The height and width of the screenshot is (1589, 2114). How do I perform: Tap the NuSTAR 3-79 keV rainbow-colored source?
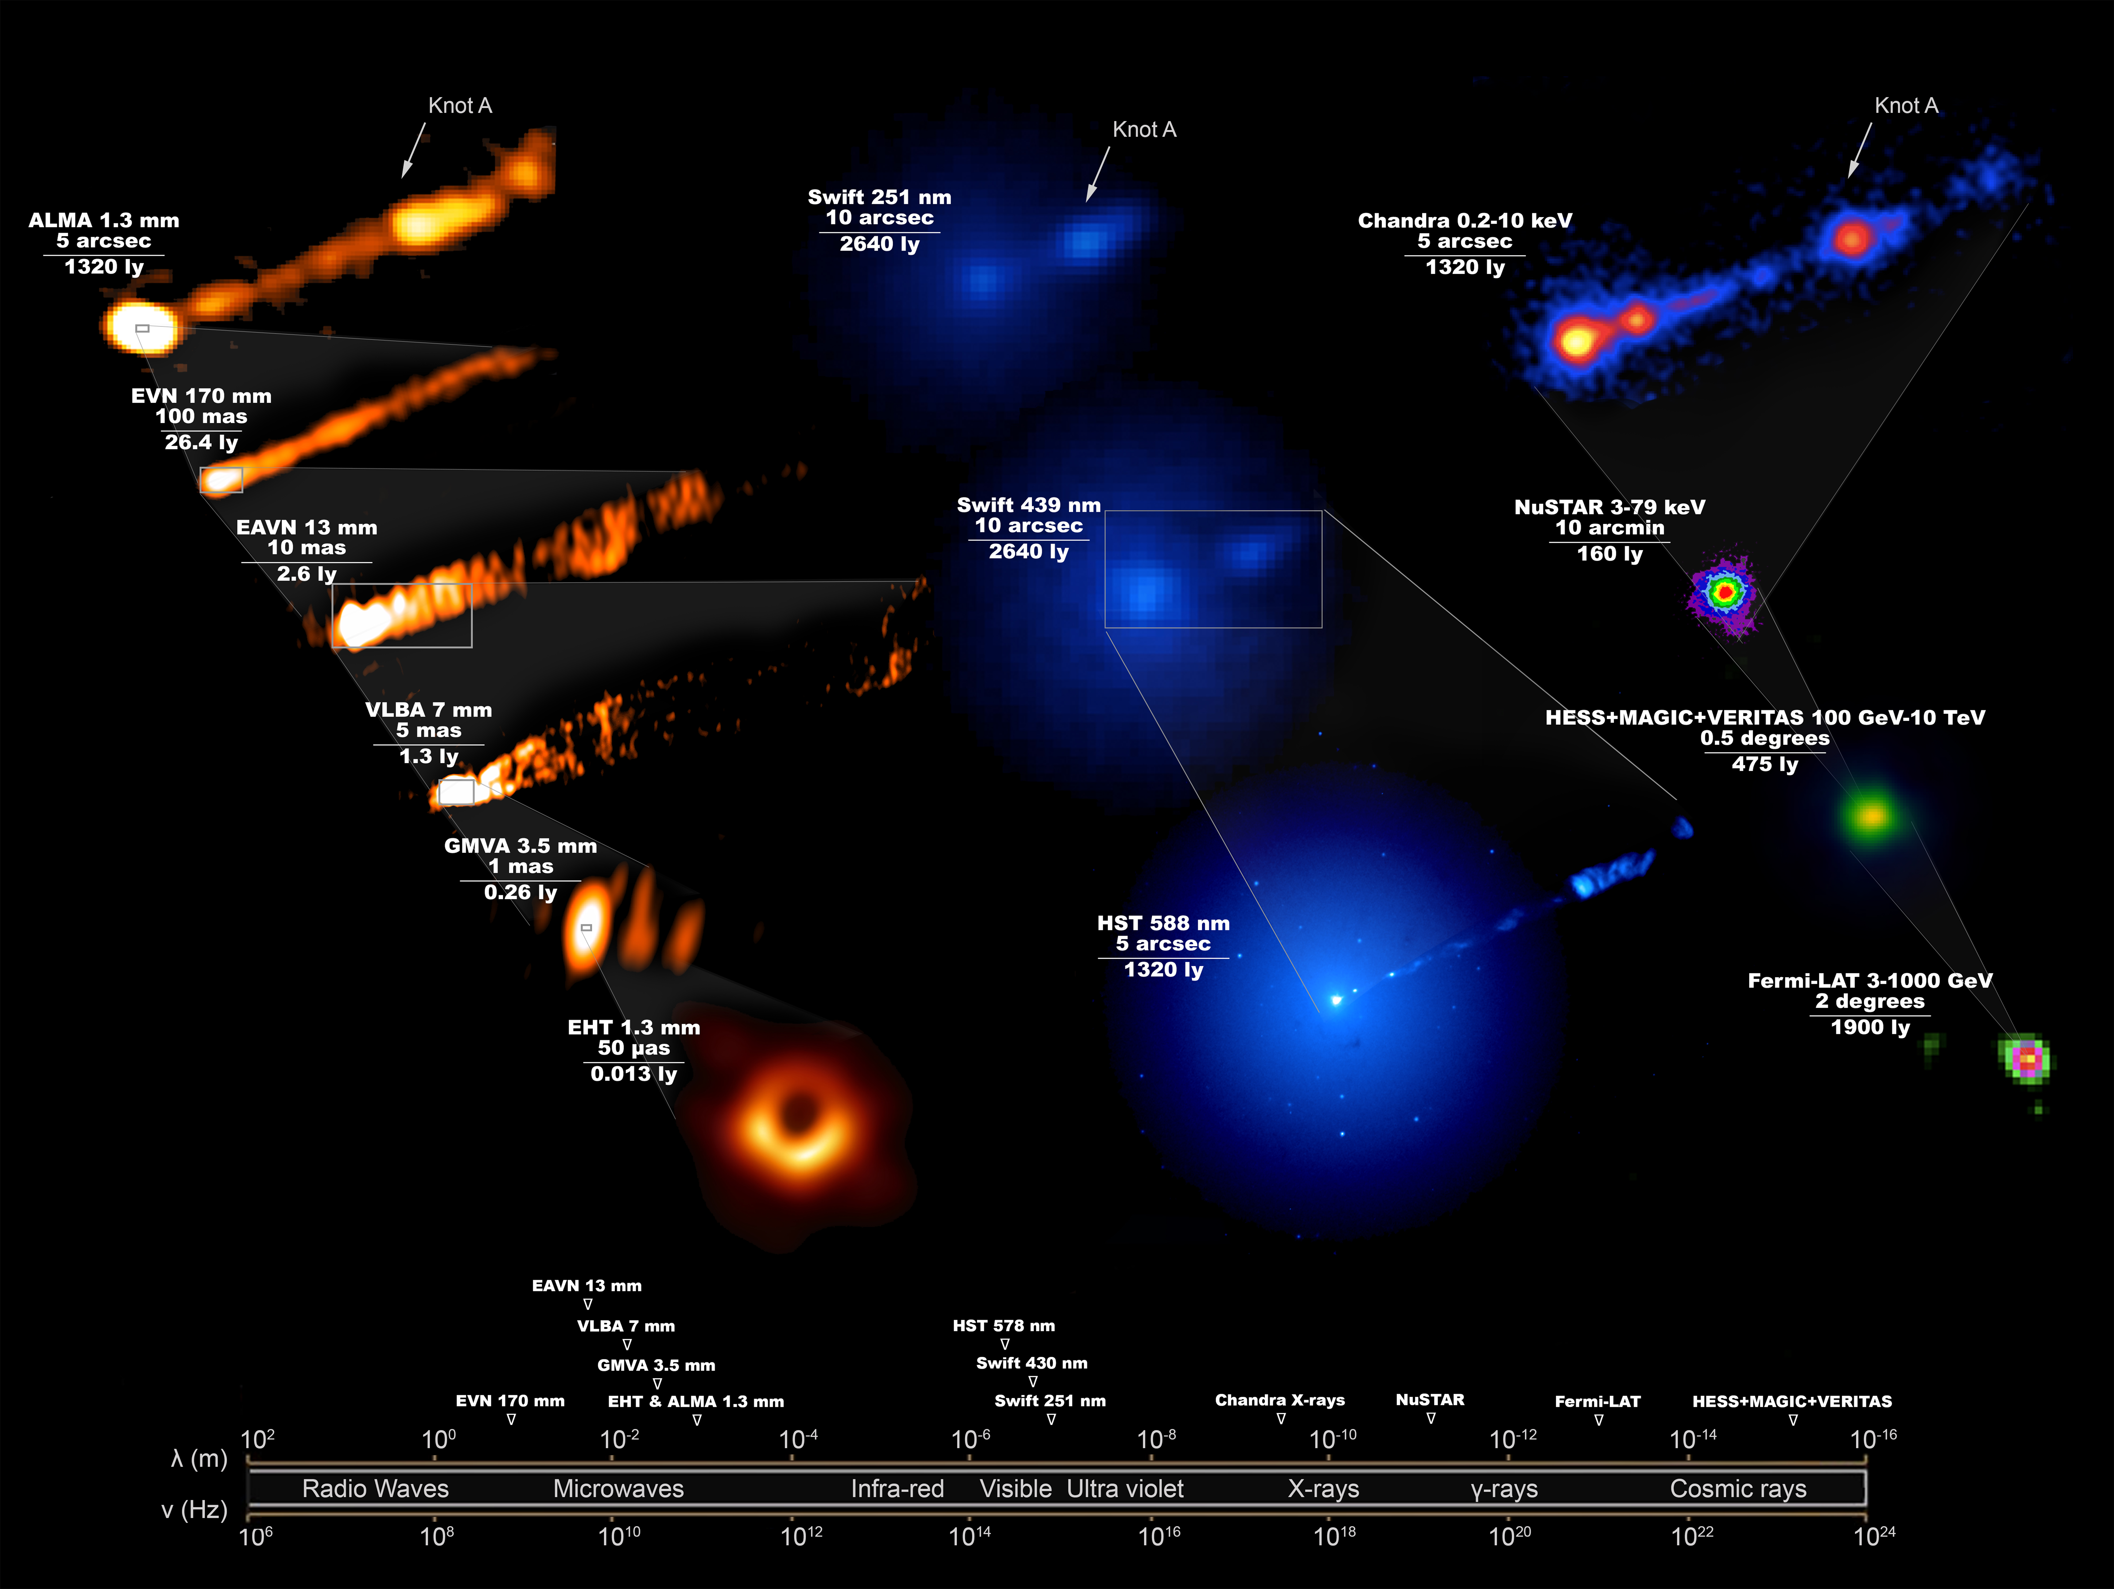point(1723,593)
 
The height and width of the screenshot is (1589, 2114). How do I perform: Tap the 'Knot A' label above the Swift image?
point(1144,130)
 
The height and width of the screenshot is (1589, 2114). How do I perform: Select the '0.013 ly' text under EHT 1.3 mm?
point(634,1074)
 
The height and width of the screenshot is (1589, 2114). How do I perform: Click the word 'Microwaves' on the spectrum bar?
point(618,1489)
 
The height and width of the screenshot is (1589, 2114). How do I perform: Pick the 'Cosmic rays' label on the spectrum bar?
point(1737,1489)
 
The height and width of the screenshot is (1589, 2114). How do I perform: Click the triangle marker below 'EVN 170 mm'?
point(511,1420)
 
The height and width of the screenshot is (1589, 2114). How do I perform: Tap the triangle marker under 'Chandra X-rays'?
point(1281,1419)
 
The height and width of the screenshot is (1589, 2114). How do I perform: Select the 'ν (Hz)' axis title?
point(194,1510)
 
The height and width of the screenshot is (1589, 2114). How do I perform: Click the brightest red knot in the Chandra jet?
point(1852,238)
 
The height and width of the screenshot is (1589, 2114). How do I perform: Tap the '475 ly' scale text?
point(1764,764)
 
